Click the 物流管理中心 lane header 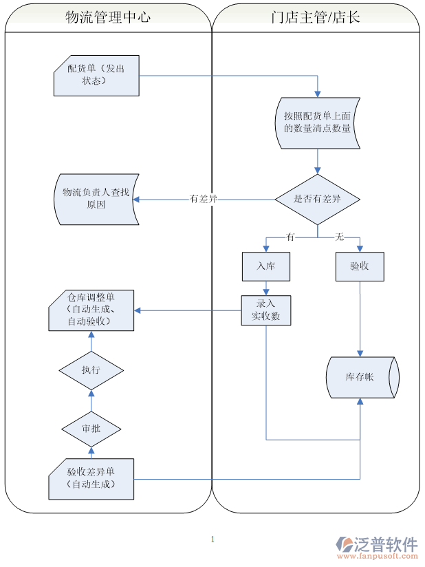tap(107, 18)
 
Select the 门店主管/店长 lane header tap(316, 18)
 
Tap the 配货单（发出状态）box tap(96, 74)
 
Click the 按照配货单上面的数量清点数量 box tap(317, 122)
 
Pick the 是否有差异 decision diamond tap(317, 199)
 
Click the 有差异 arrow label tap(204, 199)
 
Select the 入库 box tap(265, 266)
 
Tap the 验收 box tap(359, 266)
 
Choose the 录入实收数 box tap(265, 310)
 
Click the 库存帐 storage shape tap(361, 377)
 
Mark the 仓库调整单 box tap(91, 310)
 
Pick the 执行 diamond tap(91, 370)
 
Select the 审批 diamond tap(91, 429)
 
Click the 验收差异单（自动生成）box tap(91, 478)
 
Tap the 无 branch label tap(339, 237)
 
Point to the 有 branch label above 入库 tap(290, 237)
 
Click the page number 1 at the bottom tap(212, 539)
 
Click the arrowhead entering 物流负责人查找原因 tap(137, 200)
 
